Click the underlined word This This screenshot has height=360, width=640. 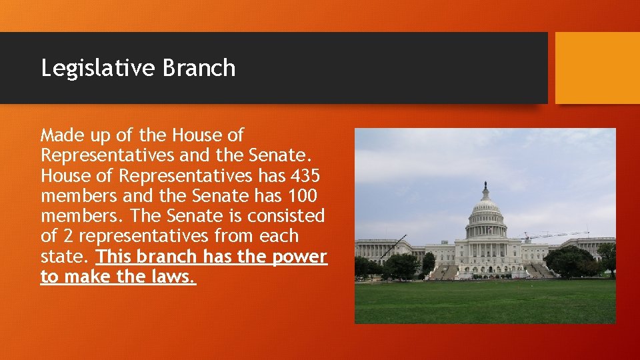114,257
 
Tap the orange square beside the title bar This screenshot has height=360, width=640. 597,68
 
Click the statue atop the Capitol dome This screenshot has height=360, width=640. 485,186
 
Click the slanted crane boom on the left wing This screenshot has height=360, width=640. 393,247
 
